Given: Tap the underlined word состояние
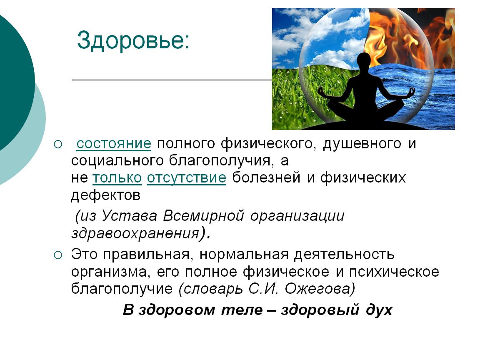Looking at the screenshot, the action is point(114,144).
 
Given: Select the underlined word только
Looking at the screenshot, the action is point(117,178).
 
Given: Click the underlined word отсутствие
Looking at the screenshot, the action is point(186,178).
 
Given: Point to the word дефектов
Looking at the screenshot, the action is point(105,195).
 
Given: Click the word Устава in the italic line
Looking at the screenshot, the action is point(129,216).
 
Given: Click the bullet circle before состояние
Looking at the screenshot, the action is point(58,144).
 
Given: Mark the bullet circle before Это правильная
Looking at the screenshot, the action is point(58,255).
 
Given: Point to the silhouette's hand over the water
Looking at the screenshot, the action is point(411,92).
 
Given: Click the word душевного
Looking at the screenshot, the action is point(362,144).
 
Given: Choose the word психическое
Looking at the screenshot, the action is point(394,272).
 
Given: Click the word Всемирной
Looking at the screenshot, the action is point(203,216).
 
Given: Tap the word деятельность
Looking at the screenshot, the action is point(344,255).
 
